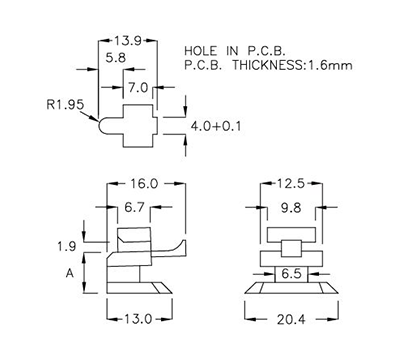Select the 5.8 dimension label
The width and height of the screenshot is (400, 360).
tap(116, 60)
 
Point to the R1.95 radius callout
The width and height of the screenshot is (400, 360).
tap(63, 103)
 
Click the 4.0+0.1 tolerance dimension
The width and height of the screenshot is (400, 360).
tap(216, 127)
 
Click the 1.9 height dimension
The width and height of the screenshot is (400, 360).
tap(67, 245)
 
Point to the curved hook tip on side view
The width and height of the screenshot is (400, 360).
tap(183, 246)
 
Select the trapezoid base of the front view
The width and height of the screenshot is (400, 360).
tap(291, 290)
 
